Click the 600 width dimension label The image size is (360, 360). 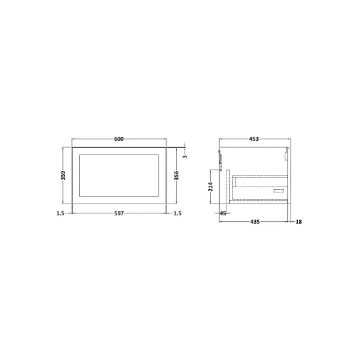click(x=118, y=139)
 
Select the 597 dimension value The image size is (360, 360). click(x=119, y=213)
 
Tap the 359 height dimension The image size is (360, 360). click(x=63, y=175)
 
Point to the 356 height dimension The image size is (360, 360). click(x=177, y=175)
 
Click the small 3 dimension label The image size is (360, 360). click(x=185, y=156)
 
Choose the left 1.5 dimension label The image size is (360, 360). click(x=60, y=213)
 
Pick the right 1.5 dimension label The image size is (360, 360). click(x=177, y=213)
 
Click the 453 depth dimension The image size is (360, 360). click(x=254, y=139)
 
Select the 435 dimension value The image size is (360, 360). click(x=255, y=222)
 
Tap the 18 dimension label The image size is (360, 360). click(x=298, y=222)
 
